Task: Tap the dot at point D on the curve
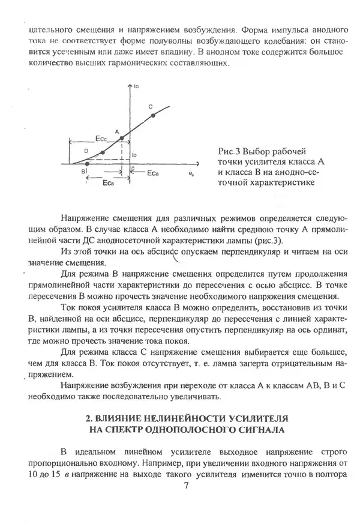(x=103, y=152)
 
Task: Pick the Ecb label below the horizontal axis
(x=109, y=182)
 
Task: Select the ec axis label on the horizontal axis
(x=191, y=173)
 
